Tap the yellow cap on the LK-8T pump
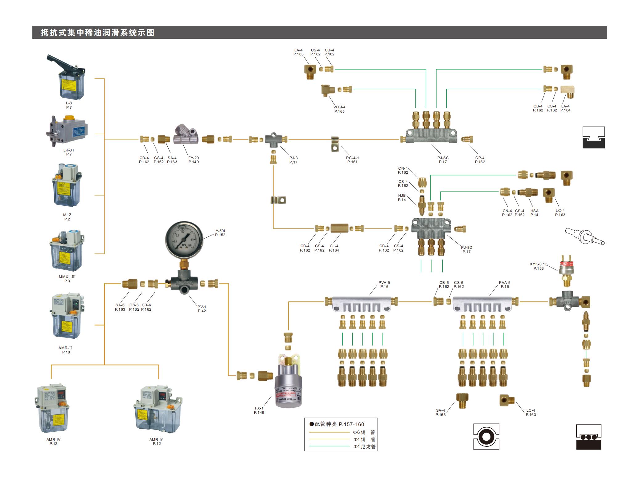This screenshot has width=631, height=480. [69, 118]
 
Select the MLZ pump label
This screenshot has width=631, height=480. [67, 215]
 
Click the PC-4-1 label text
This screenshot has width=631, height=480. [352, 158]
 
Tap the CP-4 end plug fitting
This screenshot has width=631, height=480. [467, 139]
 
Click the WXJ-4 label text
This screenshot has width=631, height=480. [339, 107]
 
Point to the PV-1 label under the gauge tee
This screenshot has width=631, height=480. [202, 307]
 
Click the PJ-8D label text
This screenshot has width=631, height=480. [466, 248]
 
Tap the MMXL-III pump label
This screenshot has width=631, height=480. [67, 277]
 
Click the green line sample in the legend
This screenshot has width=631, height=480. [330, 446]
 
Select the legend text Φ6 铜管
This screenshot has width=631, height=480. [364, 432]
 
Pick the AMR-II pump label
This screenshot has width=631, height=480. [66, 348]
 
